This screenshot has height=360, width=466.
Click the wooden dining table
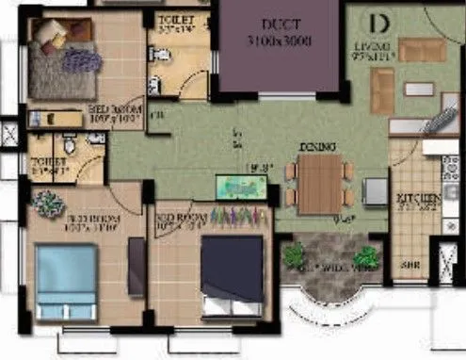pyautogui.click(x=320, y=181)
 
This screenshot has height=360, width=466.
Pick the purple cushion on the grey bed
pyautogui.click(x=83, y=61)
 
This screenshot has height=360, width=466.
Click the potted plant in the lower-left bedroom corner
pyautogui.click(x=46, y=202)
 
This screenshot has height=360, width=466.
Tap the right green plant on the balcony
pyautogui.click(x=365, y=255)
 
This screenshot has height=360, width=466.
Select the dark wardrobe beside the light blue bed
pyautogui.click(x=137, y=268)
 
